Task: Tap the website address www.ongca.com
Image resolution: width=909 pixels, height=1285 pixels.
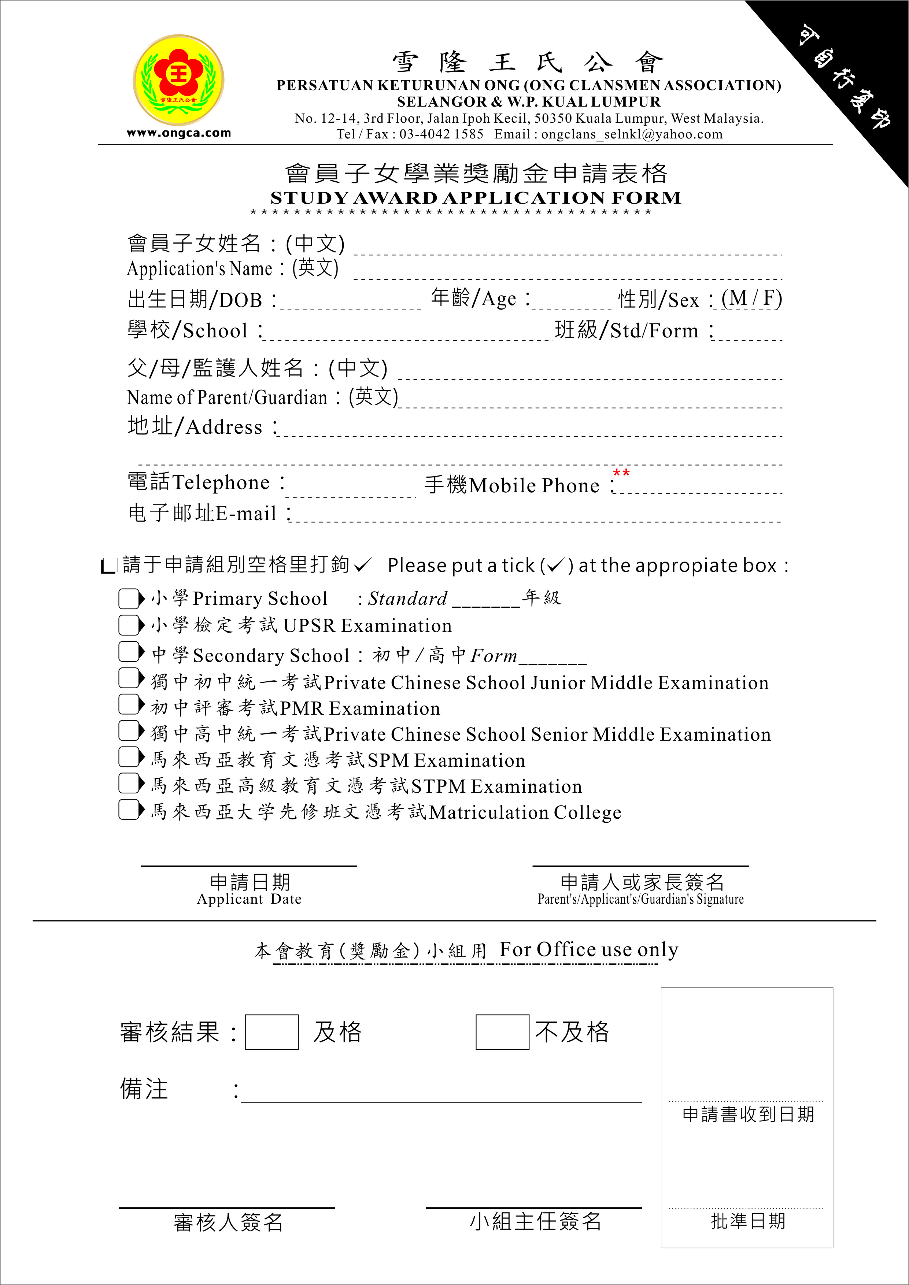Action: pos(178,133)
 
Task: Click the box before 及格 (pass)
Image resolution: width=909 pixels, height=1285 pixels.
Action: pos(271,1032)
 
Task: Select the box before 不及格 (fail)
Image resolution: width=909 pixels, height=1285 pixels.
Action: pos(502,1032)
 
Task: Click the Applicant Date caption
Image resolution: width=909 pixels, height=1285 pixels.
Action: pos(249,899)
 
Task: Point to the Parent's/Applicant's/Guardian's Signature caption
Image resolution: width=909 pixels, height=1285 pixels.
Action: pos(640,899)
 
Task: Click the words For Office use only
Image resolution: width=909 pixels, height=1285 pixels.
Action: pos(588,949)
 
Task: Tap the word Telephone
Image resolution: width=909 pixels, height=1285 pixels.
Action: pos(221,482)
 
